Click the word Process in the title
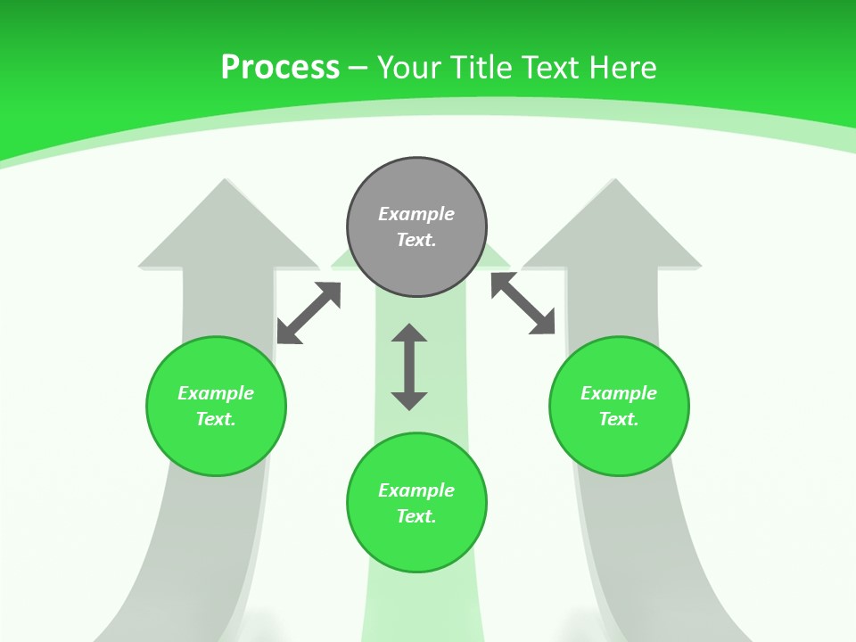coord(280,68)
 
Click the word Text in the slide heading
coord(553,68)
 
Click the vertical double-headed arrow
coord(409,366)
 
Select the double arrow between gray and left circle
coord(309,313)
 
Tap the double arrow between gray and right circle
coord(523,303)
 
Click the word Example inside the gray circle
coord(416,214)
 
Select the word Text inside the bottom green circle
coord(416,516)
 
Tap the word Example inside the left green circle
coord(216,393)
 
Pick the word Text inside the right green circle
coord(619,419)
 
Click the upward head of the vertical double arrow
coord(409,333)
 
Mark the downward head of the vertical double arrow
coord(409,400)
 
